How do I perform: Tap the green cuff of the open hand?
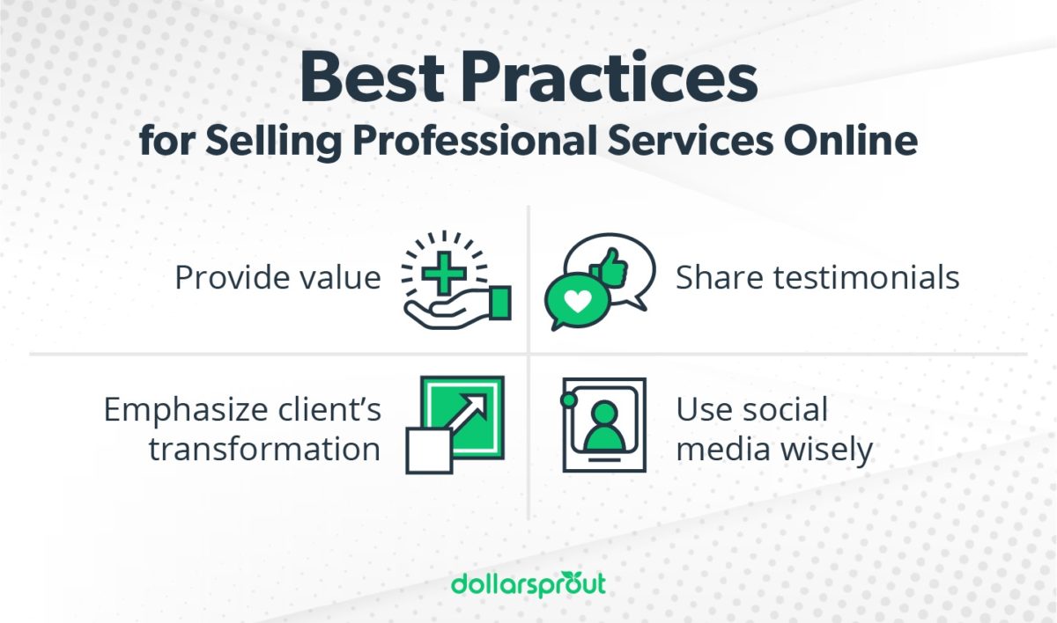499,304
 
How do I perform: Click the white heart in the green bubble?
576,301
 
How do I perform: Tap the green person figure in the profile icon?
603,426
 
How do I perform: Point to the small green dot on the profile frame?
568,400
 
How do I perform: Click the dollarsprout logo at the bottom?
528,583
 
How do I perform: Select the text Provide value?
277,277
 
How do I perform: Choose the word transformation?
264,449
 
